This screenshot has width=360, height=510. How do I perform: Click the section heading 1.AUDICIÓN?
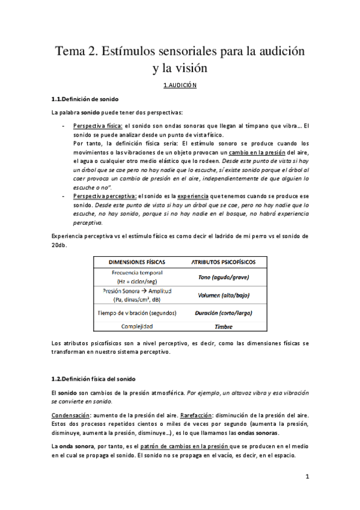180,85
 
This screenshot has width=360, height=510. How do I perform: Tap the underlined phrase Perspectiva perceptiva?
105,196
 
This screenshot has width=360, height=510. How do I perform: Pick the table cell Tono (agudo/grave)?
224,277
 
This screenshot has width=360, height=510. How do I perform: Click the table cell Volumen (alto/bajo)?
224,295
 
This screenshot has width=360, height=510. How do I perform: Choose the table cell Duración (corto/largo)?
224,313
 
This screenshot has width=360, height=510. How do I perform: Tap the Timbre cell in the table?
224,327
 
